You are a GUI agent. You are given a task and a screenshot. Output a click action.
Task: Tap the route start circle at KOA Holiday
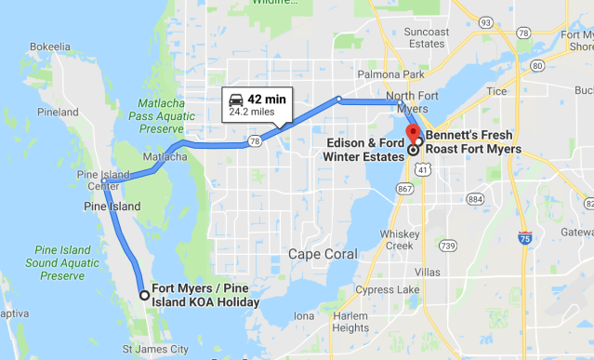tap(144, 295)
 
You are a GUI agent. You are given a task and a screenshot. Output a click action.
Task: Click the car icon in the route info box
tap(237, 99)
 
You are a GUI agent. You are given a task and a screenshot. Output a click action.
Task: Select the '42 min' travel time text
tap(267, 99)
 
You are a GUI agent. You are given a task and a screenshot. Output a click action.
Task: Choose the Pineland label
tap(58, 112)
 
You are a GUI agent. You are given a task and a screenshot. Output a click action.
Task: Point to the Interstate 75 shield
tap(526, 238)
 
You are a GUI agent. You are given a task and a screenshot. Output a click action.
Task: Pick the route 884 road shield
tap(476, 198)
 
